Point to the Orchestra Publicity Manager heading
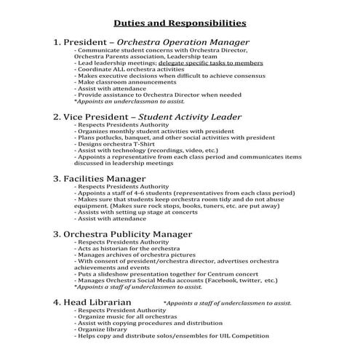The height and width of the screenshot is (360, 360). click(x=122, y=233)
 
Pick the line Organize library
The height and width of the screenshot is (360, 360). click(x=101, y=329)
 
